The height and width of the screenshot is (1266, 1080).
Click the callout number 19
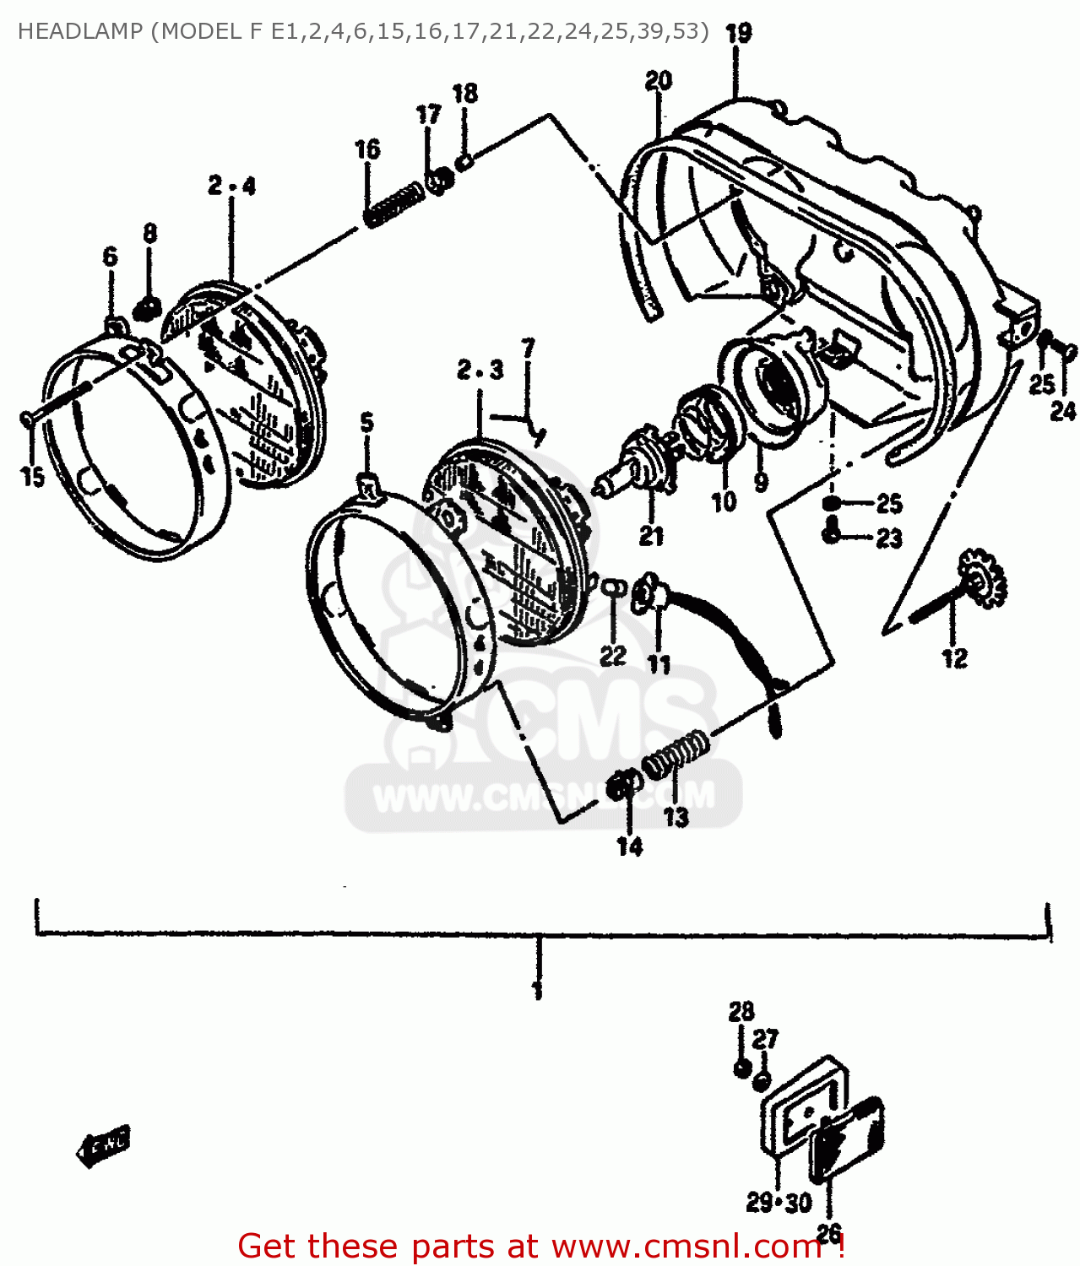[738, 33]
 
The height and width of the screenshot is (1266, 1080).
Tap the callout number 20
[658, 81]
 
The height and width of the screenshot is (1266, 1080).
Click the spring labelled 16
[393, 204]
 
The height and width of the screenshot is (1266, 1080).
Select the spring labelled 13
[676, 752]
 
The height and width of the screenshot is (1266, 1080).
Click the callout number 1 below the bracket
[538, 989]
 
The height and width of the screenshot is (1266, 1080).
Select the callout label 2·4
[231, 186]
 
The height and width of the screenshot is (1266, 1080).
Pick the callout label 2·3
[480, 370]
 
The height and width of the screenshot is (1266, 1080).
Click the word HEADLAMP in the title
[79, 31]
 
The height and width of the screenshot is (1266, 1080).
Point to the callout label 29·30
[778, 1202]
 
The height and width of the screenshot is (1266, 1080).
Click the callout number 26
[828, 1234]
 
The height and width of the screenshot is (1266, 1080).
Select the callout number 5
[366, 423]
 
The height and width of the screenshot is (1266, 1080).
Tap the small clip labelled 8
[149, 308]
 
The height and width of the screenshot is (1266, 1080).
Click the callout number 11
[659, 664]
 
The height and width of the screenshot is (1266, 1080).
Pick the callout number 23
[889, 538]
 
